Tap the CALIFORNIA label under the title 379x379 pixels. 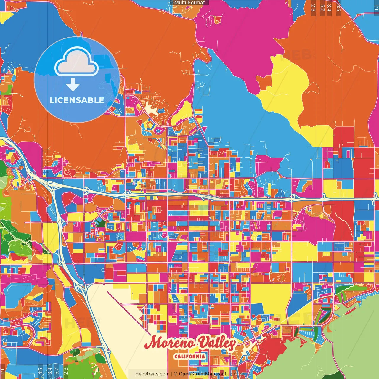coord(189,356)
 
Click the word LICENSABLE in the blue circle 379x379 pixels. coord(77,100)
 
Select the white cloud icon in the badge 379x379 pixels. coord(76,63)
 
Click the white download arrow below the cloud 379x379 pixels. coord(73,85)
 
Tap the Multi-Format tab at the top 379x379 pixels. coord(189,3)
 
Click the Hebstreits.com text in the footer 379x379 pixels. coord(152,374)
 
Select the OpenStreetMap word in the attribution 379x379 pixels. coord(197,374)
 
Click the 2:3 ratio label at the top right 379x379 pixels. coord(313,7)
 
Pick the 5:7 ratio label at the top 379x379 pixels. coord(322,7)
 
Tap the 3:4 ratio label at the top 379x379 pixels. coord(329,7)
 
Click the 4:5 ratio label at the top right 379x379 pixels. coord(338,7)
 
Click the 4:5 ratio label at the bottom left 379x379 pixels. coord(40,371)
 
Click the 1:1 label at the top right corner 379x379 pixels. coord(376,7)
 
